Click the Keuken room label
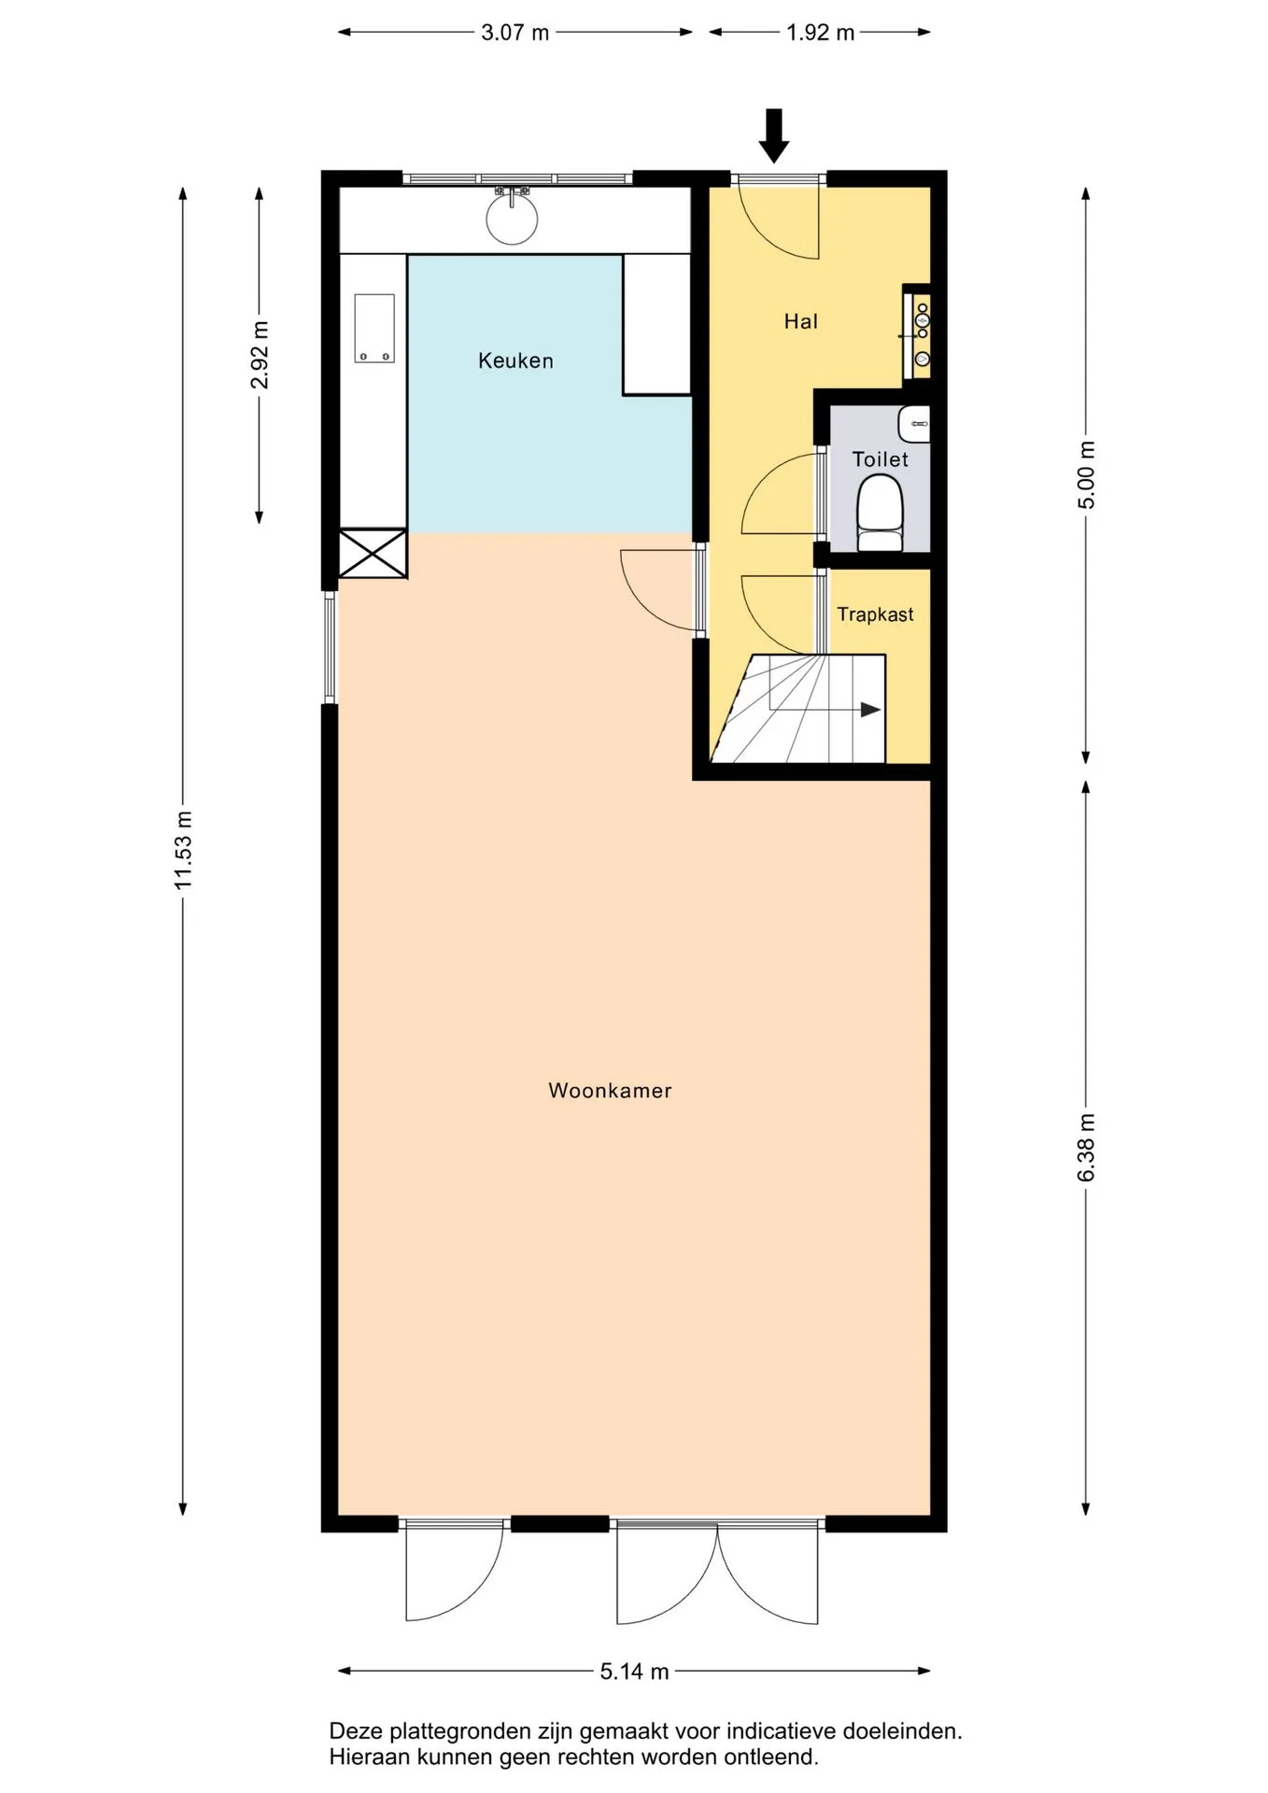(x=515, y=360)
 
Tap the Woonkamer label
(x=610, y=1091)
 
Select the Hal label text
(x=801, y=321)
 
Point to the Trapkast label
(x=875, y=614)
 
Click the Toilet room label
(x=881, y=459)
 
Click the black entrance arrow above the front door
(x=774, y=135)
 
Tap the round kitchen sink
(x=512, y=219)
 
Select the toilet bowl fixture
(x=880, y=513)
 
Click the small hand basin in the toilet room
(x=914, y=424)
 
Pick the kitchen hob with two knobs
(x=374, y=329)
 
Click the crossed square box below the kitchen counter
(x=373, y=553)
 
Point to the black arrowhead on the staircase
(x=870, y=710)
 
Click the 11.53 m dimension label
(x=183, y=850)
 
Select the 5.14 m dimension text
(x=635, y=1672)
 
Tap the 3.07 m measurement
(x=514, y=33)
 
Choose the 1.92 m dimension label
(x=820, y=33)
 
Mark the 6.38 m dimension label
(x=1086, y=1148)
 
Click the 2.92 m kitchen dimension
(x=260, y=355)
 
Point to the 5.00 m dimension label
(x=1086, y=474)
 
